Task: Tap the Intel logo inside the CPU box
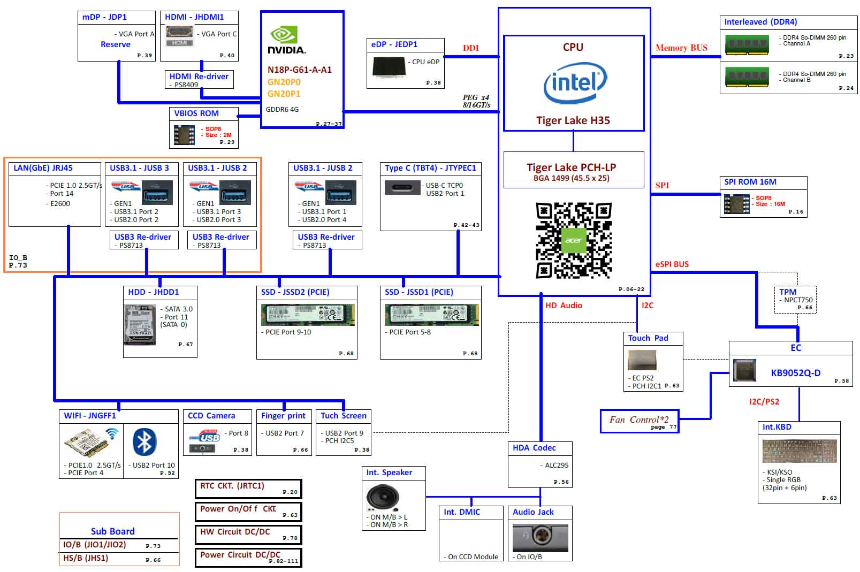point(575,83)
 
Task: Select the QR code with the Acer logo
point(574,240)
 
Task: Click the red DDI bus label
point(471,48)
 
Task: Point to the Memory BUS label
point(681,48)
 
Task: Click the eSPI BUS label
point(672,264)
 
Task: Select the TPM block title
point(788,292)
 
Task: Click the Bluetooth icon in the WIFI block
point(144,442)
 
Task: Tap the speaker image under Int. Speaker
point(383,498)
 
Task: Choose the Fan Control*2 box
point(640,421)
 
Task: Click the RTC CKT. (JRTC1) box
point(248,489)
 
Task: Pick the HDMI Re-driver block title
point(199,77)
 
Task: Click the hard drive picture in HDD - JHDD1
point(140,325)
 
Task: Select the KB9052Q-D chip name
point(795,373)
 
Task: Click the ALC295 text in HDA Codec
point(557,466)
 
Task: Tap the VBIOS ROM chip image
point(184,135)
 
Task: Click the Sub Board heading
point(113,531)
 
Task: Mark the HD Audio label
point(564,305)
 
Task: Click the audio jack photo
point(540,537)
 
